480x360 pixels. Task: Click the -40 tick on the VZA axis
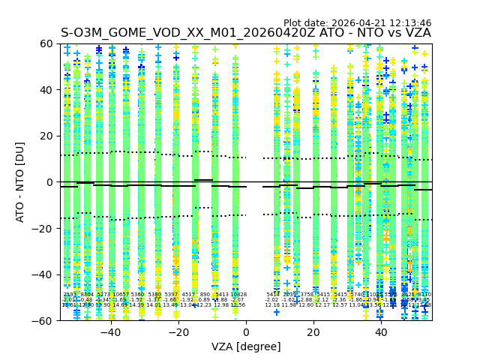click(x=110, y=320)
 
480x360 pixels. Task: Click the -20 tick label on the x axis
click(x=178, y=332)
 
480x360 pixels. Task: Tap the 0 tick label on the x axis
click(x=246, y=332)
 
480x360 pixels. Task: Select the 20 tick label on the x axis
click(x=313, y=332)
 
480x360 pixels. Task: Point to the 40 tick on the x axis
click(x=381, y=320)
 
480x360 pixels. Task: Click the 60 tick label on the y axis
click(x=47, y=44)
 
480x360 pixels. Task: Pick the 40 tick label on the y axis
click(x=47, y=90)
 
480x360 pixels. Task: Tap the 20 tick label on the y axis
click(x=47, y=136)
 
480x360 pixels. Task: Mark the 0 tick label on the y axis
click(x=50, y=182)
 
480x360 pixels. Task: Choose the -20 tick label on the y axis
click(x=44, y=229)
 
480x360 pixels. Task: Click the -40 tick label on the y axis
click(x=44, y=274)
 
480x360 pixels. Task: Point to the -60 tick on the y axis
click(x=60, y=320)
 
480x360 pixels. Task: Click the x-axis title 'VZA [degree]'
click(x=246, y=346)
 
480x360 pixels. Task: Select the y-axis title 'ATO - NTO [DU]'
click(x=21, y=182)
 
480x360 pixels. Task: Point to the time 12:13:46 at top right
click(x=409, y=23)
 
